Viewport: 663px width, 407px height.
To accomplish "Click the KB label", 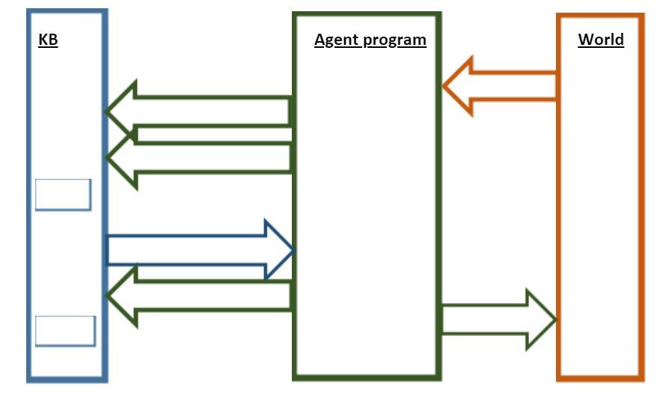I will click(x=48, y=40).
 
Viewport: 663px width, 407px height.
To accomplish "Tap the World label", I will click(x=600, y=40).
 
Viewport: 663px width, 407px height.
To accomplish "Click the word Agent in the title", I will click(x=334, y=40).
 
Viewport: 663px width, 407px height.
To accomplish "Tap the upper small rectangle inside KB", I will click(x=63, y=195).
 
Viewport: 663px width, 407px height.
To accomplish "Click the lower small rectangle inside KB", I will click(x=65, y=331).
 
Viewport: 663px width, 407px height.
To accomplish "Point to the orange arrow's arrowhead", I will click(x=458, y=86).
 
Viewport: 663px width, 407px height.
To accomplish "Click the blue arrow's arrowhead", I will click(x=280, y=250).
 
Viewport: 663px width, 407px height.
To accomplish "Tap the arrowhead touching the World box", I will click(x=540, y=319).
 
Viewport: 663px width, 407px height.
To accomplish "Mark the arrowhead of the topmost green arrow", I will click(x=122, y=111).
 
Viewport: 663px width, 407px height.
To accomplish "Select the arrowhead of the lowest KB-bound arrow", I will click(x=122, y=296).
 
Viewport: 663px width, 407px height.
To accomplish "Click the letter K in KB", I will click(x=43, y=40).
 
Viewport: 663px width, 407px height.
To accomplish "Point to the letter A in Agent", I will click(x=320, y=40).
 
